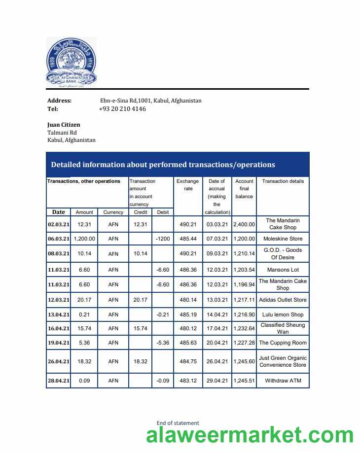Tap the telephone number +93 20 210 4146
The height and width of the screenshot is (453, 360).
tap(122, 109)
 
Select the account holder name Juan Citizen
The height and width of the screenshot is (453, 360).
tap(64, 125)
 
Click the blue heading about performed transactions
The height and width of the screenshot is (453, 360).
tap(163, 165)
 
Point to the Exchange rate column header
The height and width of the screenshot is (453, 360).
tap(188, 185)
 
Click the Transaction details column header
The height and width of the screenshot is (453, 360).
tap(283, 181)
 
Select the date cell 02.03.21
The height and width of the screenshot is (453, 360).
tap(59, 224)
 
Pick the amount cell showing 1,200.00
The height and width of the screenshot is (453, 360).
tap(84, 239)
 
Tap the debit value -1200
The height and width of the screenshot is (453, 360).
tap(163, 239)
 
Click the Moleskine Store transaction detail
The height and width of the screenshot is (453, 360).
tap(283, 239)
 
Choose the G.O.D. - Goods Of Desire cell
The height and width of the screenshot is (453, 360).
tap(283, 253)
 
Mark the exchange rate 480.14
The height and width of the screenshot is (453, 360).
tap(188, 300)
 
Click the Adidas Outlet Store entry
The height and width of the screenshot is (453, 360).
tap(283, 300)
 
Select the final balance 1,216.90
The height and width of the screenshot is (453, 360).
tap(244, 314)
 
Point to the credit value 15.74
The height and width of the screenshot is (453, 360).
tap(141, 328)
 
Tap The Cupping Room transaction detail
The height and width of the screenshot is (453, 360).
tap(283, 343)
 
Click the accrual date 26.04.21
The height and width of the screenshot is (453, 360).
tap(217, 361)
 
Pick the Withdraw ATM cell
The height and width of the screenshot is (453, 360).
tap(283, 381)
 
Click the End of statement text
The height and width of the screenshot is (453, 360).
tap(178, 423)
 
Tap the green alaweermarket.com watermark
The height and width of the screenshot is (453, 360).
tap(250, 436)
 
